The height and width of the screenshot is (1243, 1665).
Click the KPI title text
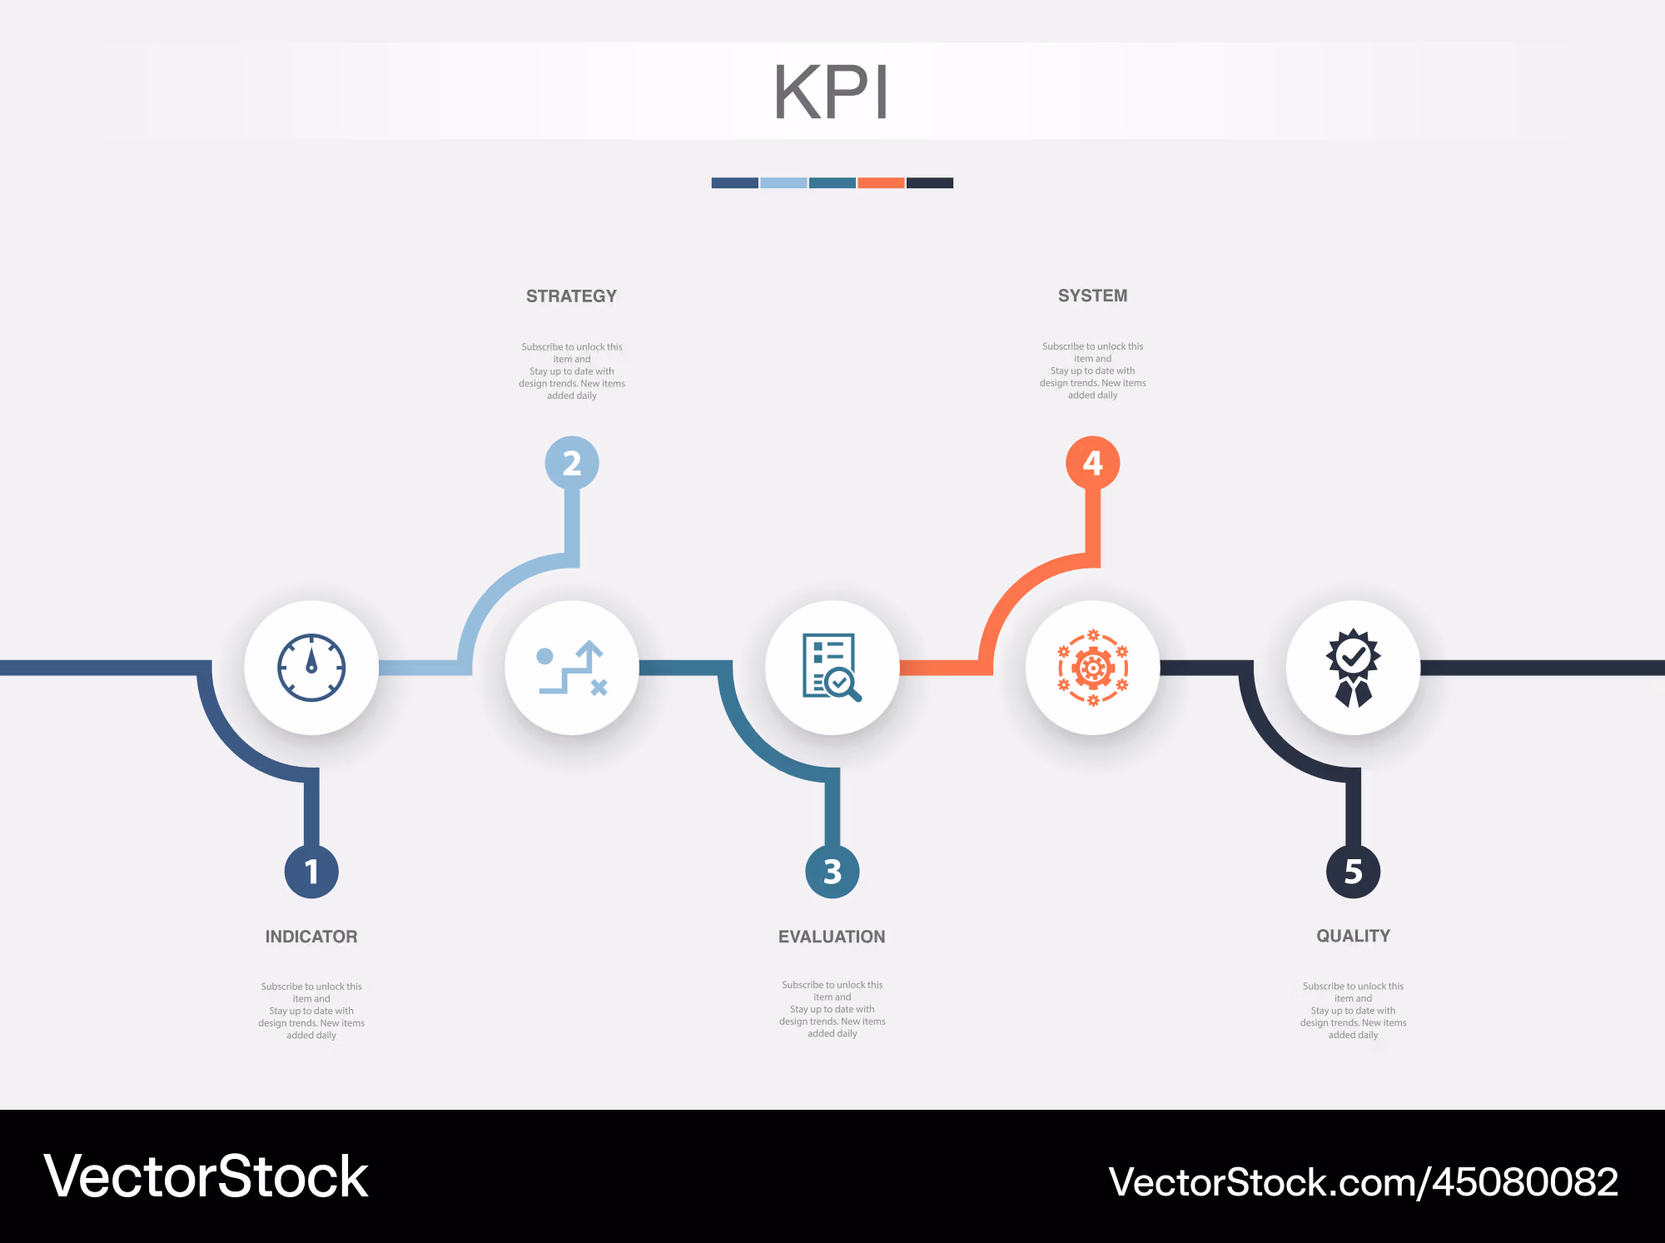coord(831,92)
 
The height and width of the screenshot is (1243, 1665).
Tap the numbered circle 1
coord(311,872)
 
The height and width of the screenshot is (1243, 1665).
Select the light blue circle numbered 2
coord(572,463)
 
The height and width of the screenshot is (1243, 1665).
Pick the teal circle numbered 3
coord(832,872)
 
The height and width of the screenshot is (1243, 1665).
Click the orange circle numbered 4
coord(1093,463)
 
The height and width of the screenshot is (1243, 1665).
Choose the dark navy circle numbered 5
coord(1354,872)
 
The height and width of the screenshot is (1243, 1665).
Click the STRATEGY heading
coord(572,296)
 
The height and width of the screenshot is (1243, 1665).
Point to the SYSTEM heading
coord(1093,296)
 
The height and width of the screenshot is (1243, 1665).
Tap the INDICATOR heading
coord(311,937)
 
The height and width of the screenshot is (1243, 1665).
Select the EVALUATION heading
coord(832,937)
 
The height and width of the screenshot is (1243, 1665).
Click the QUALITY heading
coord(1354,936)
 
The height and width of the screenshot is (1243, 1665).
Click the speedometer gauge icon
coord(311,668)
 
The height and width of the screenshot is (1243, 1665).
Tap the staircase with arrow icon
coord(573,668)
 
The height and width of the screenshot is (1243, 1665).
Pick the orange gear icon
coord(1093,668)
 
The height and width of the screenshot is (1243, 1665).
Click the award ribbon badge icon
coord(1354,668)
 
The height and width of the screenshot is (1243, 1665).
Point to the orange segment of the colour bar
coord(881,183)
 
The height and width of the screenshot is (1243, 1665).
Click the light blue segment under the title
coord(783,183)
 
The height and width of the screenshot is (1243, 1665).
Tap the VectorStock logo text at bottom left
coord(206,1176)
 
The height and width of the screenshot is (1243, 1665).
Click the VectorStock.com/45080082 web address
coord(1364,1182)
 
